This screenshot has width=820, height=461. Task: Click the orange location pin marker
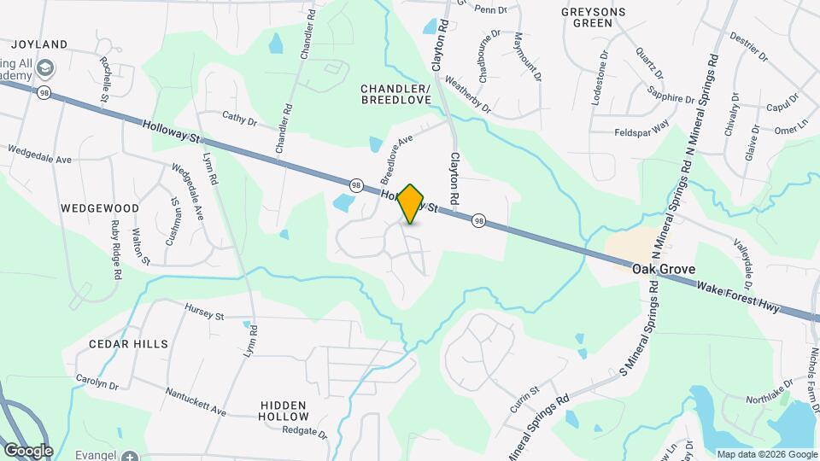pyautogui.click(x=411, y=203)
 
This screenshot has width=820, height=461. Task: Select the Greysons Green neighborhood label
pyautogui.click(x=594, y=17)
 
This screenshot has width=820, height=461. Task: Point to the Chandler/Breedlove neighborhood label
pyautogui.click(x=395, y=94)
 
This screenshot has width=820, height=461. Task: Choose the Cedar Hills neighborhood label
pyautogui.click(x=128, y=343)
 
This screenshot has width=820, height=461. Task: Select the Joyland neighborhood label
pyautogui.click(x=39, y=44)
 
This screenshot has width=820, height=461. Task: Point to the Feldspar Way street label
pyautogui.click(x=641, y=132)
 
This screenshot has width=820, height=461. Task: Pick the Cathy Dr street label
pyautogui.click(x=239, y=120)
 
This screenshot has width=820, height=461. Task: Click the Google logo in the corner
pyautogui.click(x=27, y=450)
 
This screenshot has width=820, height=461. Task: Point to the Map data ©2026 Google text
pyautogui.click(x=766, y=454)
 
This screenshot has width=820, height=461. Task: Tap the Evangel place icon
pyautogui.click(x=129, y=457)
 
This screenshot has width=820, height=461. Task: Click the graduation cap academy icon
pyautogui.click(x=44, y=67)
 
